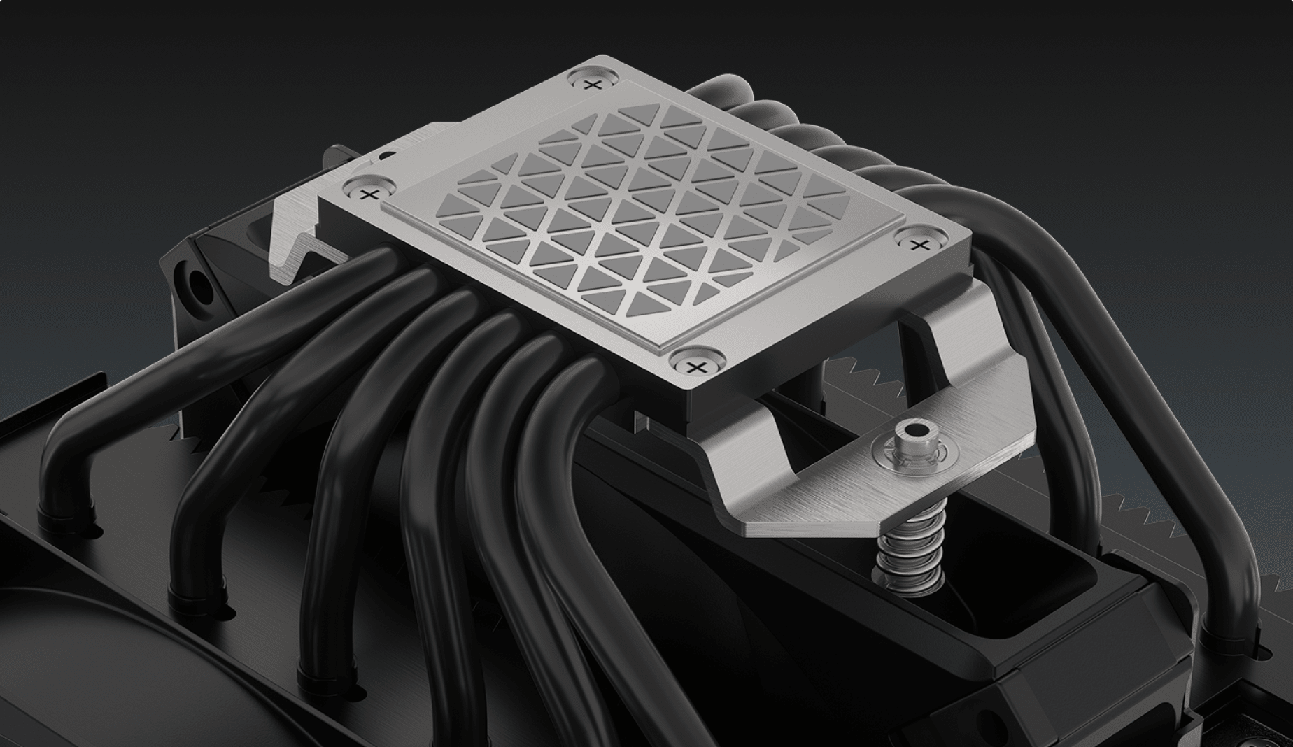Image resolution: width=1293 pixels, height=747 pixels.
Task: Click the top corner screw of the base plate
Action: coord(593,85)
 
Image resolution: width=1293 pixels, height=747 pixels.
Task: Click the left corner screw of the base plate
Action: coord(371,192)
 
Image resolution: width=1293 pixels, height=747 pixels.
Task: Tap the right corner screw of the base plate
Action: coord(921,243)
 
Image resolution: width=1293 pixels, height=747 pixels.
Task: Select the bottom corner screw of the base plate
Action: coord(694,366)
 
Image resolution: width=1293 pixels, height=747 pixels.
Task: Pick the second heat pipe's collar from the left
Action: coord(195,595)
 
